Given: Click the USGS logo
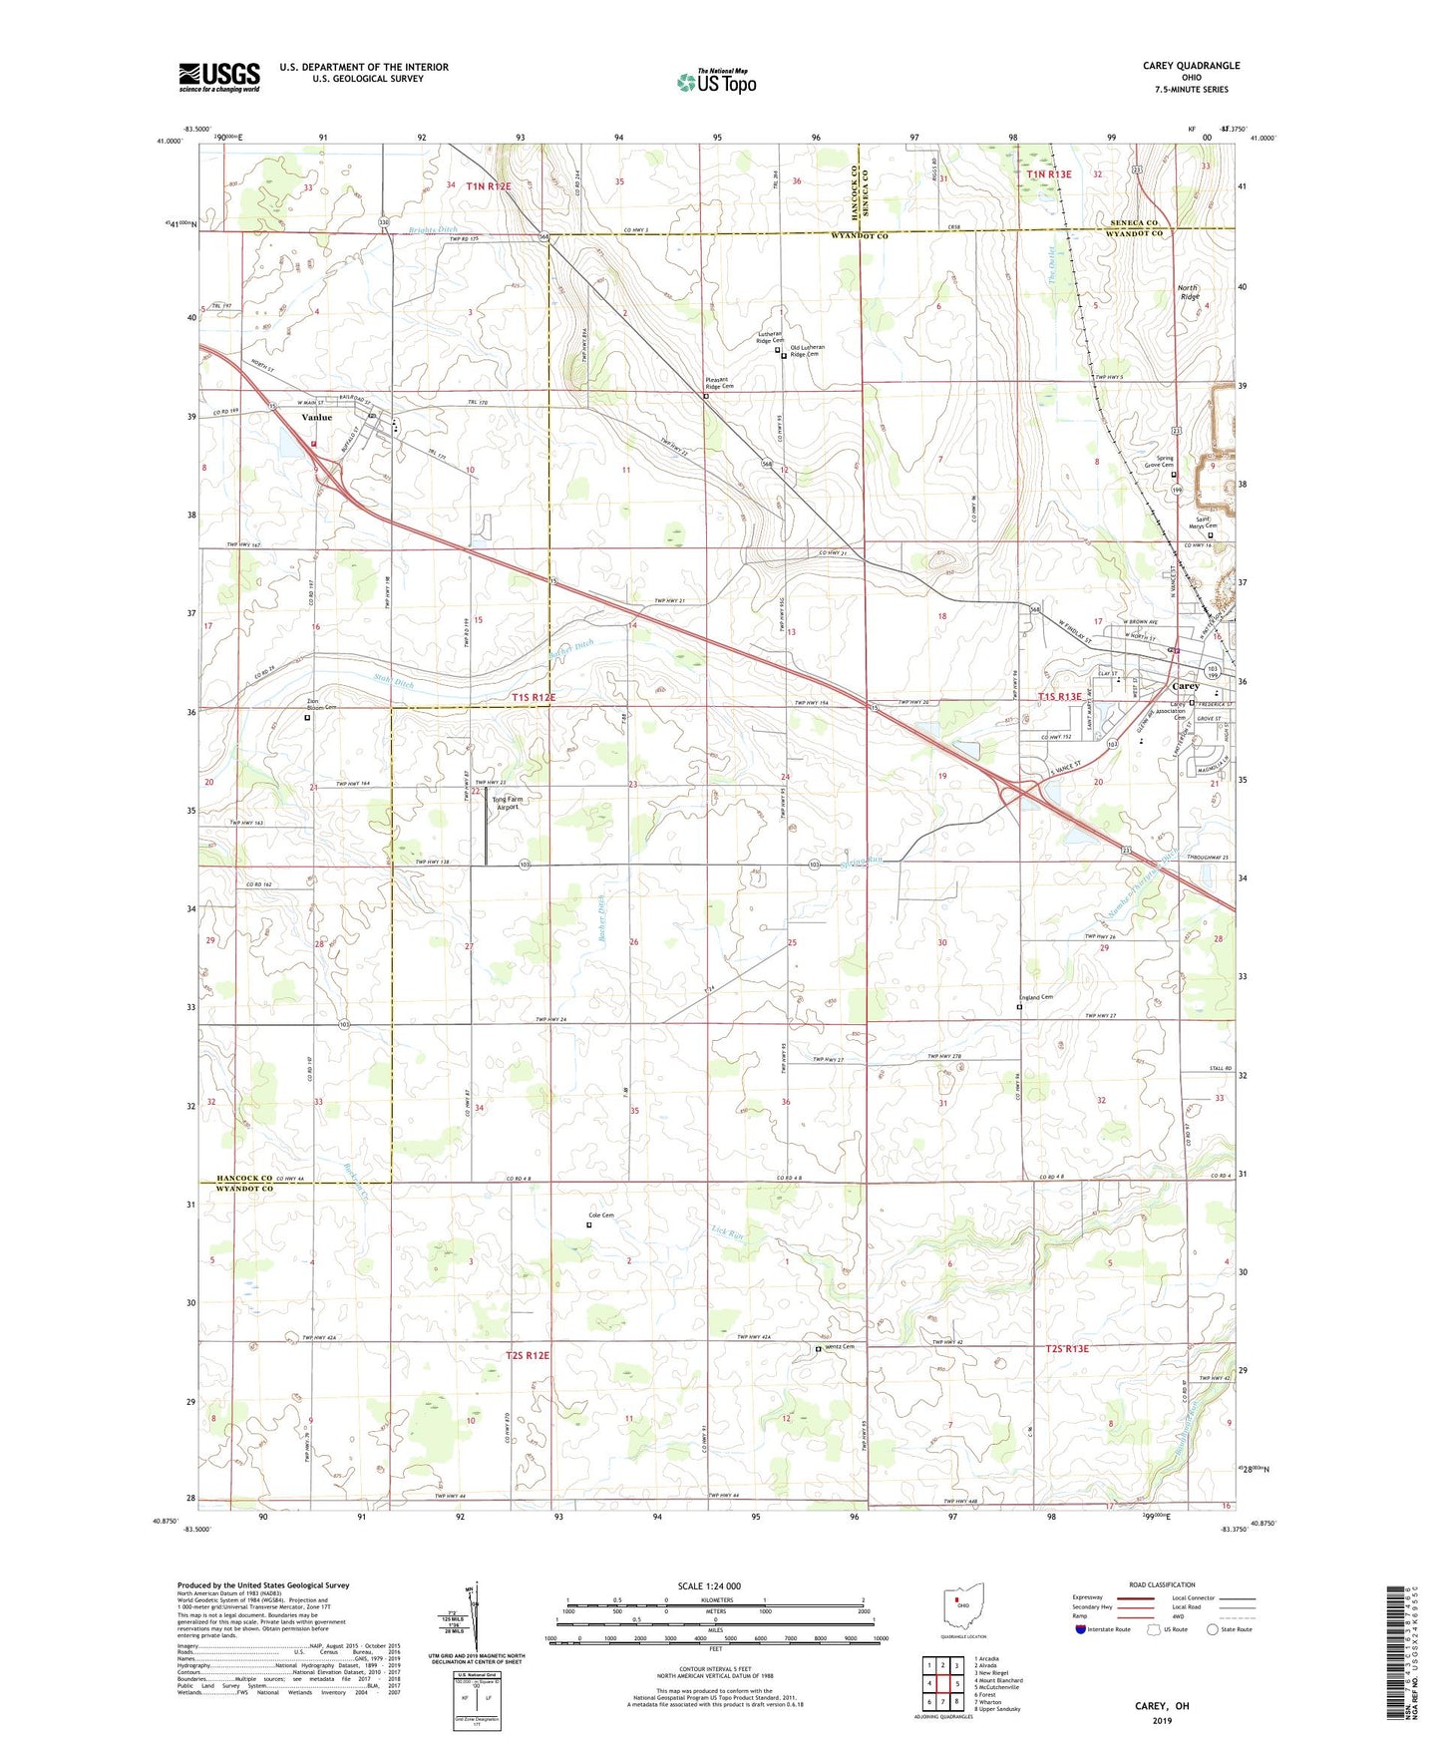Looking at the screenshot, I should point(219,76).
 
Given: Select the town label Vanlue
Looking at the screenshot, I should point(316,418).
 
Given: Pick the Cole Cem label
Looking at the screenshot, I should point(600,1215).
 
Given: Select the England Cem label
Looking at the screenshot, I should point(1035,997).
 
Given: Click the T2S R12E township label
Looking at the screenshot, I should point(528,1355).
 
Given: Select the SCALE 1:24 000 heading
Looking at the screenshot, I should point(714,1585).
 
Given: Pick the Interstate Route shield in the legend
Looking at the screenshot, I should point(1082,1629).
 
